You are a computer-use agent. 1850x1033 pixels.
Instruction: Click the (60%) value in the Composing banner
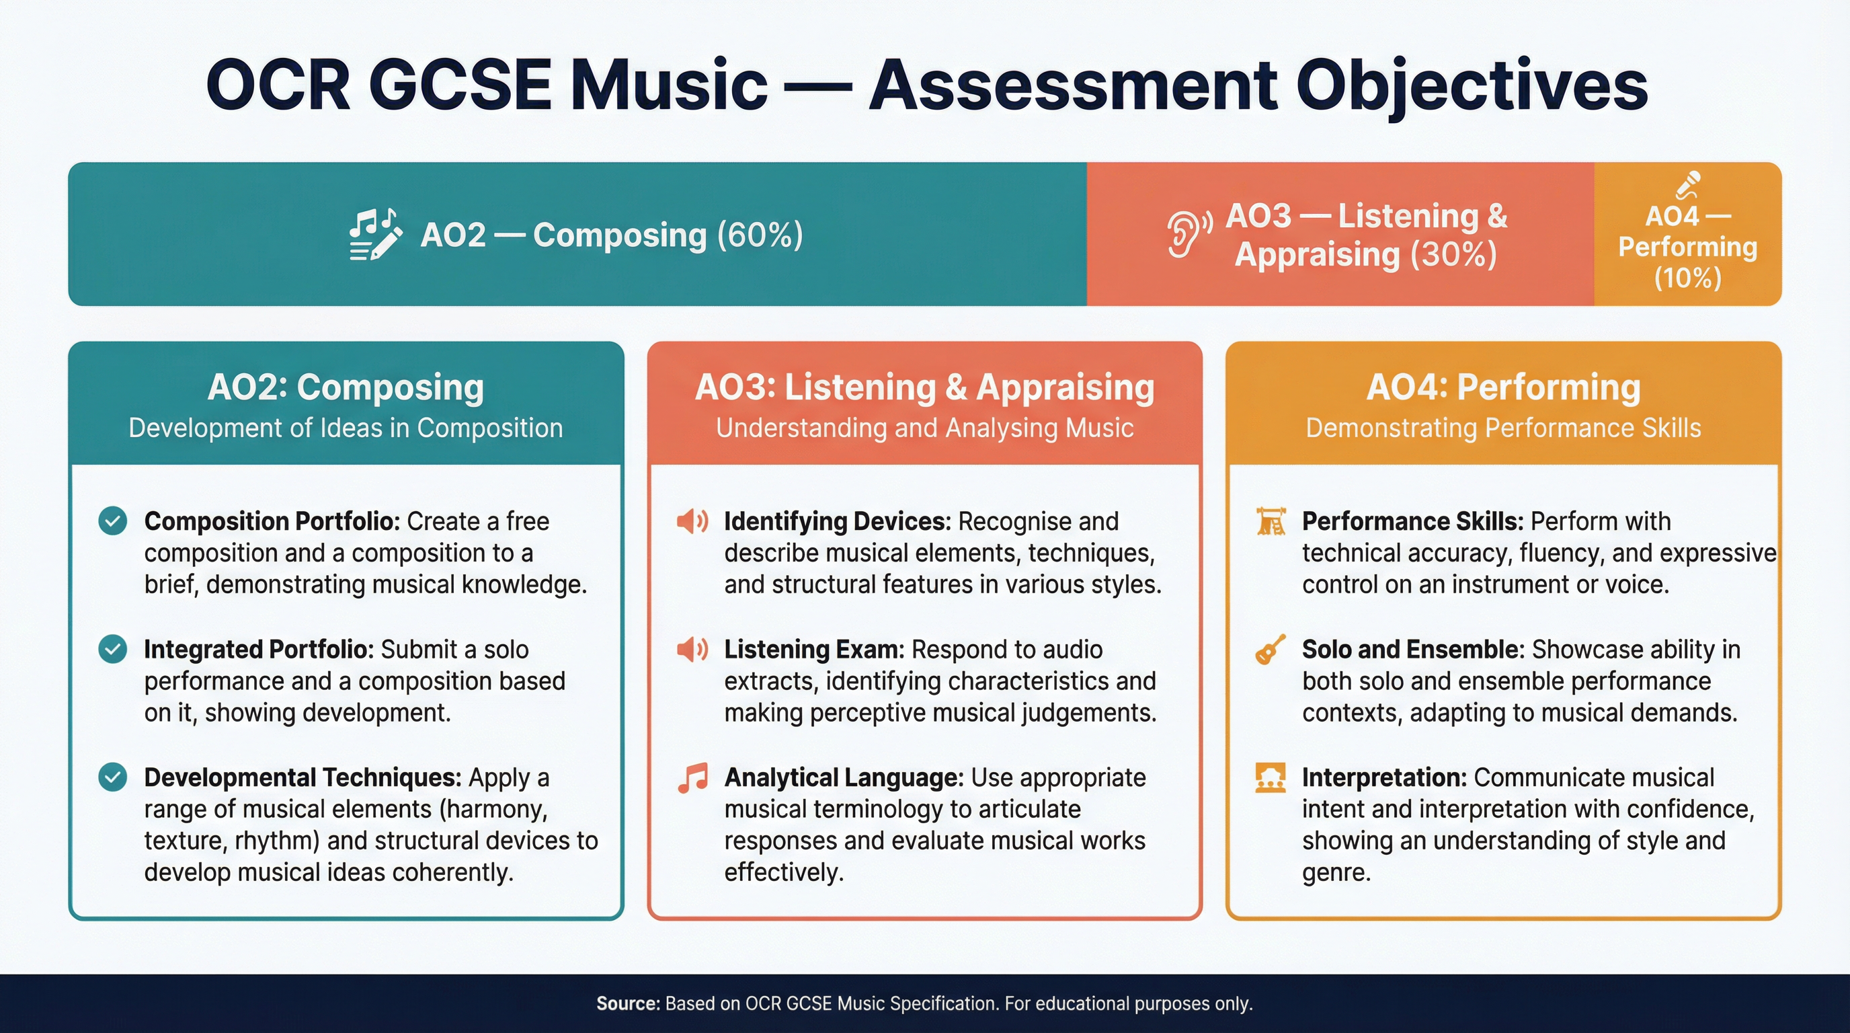[760, 235]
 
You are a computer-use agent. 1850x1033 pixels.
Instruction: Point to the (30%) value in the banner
[1453, 254]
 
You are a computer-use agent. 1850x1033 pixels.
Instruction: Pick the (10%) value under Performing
[1688, 278]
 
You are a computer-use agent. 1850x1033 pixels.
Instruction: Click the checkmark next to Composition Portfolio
[113, 521]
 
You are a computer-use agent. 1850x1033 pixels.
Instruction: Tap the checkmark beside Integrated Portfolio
[113, 649]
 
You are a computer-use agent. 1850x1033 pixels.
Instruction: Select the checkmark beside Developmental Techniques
[113, 777]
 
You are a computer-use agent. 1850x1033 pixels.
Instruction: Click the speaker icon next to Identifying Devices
[692, 521]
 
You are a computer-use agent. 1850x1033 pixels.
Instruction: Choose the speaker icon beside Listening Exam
[692, 649]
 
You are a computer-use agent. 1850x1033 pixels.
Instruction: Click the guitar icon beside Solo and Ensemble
[1271, 650]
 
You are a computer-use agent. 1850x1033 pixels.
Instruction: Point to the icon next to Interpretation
[1271, 777]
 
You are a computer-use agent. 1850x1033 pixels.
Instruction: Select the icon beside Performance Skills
[1271, 521]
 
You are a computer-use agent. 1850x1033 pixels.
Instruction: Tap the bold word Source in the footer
[627, 1003]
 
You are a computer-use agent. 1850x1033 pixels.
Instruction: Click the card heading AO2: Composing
[346, 387]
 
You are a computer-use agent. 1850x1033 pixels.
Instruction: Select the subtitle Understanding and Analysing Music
[924, 428]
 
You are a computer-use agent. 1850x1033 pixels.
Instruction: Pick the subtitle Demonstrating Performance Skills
[1503, 428]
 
